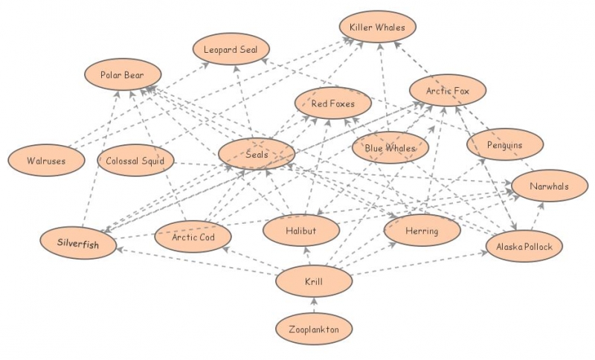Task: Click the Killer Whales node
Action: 378,28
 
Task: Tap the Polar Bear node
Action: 121,75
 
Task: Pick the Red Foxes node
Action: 332,103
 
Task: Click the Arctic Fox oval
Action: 447,91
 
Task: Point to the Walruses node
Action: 45,160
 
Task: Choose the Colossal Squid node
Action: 135,160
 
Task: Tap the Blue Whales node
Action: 390,148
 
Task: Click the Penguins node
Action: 505,144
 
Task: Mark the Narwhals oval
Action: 549,187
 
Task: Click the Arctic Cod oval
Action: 193,237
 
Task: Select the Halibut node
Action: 300,231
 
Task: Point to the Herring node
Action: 422,231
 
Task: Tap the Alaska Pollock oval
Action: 524,246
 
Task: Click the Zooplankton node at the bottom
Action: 313,328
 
